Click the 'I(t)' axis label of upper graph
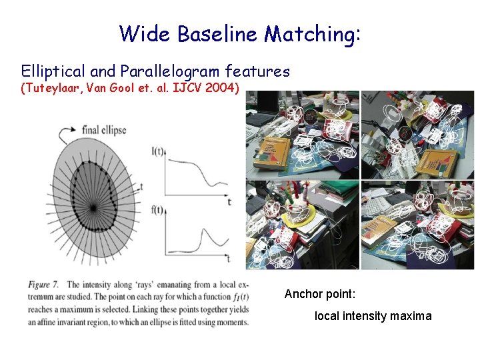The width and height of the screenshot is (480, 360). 158,151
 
